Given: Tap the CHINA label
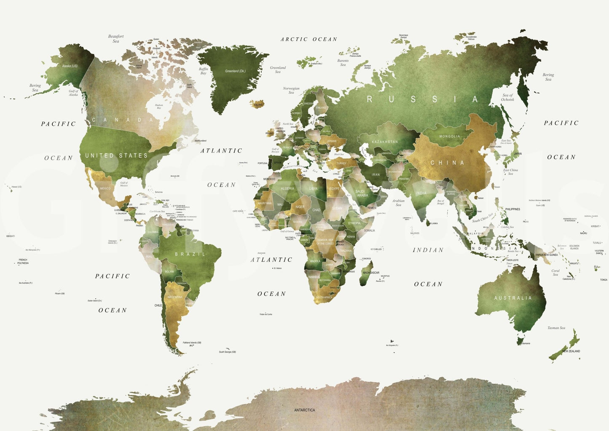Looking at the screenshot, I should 447,163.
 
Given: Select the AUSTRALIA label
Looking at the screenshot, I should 513,298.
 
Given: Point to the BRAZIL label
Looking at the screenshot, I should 190,254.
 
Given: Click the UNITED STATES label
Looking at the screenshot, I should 116,155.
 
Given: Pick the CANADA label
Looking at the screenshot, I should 123,120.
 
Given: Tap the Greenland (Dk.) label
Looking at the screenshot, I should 235,71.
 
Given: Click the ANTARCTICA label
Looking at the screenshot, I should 304,410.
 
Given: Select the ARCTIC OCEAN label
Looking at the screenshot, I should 309,39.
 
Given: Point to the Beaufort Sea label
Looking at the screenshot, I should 116,39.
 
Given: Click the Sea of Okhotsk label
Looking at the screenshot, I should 507,97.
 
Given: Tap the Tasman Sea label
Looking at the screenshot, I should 556,328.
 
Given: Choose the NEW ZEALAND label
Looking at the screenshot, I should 571,351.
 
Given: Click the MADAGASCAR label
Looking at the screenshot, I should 371,273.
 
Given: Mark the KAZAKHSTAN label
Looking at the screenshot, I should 385,142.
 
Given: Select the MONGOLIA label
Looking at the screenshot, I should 450,137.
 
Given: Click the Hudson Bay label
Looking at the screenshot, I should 159,106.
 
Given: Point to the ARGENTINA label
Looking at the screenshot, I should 175,297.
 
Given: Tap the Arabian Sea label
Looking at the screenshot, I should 398,203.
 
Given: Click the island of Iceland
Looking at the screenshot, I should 257,104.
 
